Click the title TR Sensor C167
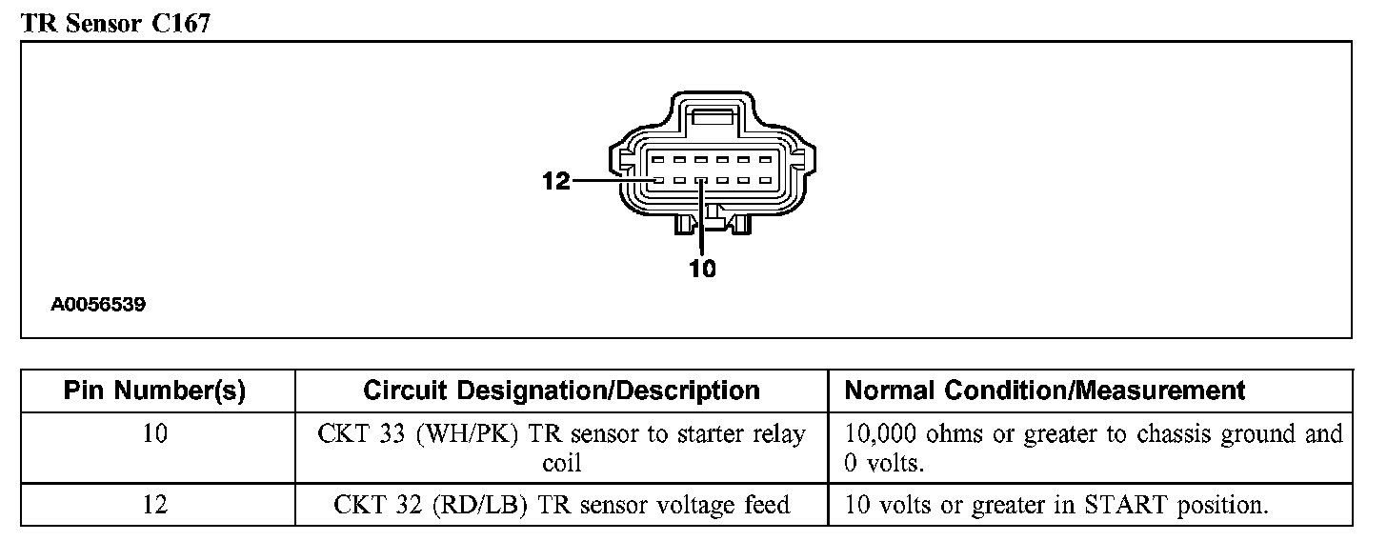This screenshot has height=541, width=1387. click(x=116, y=23)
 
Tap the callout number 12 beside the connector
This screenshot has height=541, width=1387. click(x=555, y=181)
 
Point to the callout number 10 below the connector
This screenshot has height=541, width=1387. click(x=702, y=269)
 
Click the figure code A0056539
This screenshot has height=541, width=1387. click(x=98, y=305)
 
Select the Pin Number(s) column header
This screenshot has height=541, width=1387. click(x=154, y=391)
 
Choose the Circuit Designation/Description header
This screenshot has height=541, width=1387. click(x=562, y=391)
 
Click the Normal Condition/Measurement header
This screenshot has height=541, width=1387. click(x=1045, y=391)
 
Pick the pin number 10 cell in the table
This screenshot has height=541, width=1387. click(x=154, y=433)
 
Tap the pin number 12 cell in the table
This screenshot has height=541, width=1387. click(x=154, y=505)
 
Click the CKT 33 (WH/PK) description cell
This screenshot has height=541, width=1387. click(x=562, y=448)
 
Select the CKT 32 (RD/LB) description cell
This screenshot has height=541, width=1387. click(x=562, y=505)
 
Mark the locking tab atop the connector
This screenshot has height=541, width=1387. click(x=714, y=117)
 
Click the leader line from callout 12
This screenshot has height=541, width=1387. click(x=614, y=181)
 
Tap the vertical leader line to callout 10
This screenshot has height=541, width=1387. click(x=701, y=217)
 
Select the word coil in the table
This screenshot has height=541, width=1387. click(x=562, y=463)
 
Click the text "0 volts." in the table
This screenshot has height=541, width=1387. click(x=884, y=463)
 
